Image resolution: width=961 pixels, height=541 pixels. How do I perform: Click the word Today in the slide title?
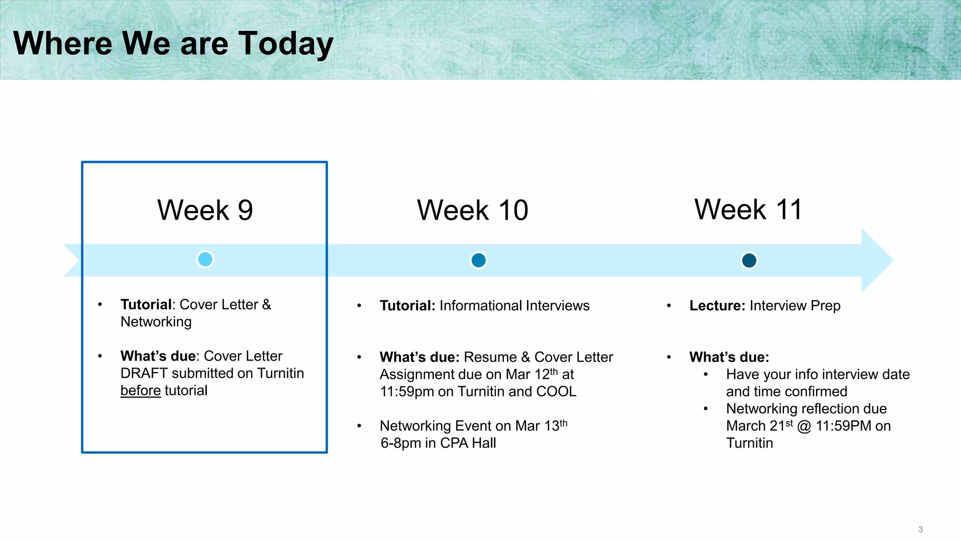click(x=286, y=44)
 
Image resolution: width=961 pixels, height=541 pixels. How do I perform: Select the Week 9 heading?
click(x=205, y=210)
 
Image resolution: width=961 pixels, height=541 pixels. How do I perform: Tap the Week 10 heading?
click(x=473, y=210)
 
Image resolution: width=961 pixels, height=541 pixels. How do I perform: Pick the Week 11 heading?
click(x=748, y=209)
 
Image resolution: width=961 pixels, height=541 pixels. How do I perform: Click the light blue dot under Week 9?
click(x=205, y=259)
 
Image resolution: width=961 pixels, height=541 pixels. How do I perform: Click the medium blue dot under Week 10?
click(x=478, y=260)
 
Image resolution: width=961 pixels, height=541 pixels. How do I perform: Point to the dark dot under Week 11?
click(x=749, y=260)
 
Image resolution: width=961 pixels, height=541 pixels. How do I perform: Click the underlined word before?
click(x=140, y=391)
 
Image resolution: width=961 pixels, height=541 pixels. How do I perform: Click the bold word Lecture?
click(x=717, y=306)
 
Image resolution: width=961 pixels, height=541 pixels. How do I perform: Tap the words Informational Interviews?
click(x=514, y=306)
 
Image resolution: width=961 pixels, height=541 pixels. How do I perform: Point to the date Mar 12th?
click(x=532, y=374)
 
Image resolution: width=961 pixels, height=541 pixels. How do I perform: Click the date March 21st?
click(x=759, y=426)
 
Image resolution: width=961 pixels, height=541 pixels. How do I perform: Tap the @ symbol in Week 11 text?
click(x=804, y=426)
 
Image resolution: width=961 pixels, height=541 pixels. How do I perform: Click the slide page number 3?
click(x=920, y=529)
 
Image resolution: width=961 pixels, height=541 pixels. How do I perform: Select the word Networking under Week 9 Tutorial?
click(x=156, y=322)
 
